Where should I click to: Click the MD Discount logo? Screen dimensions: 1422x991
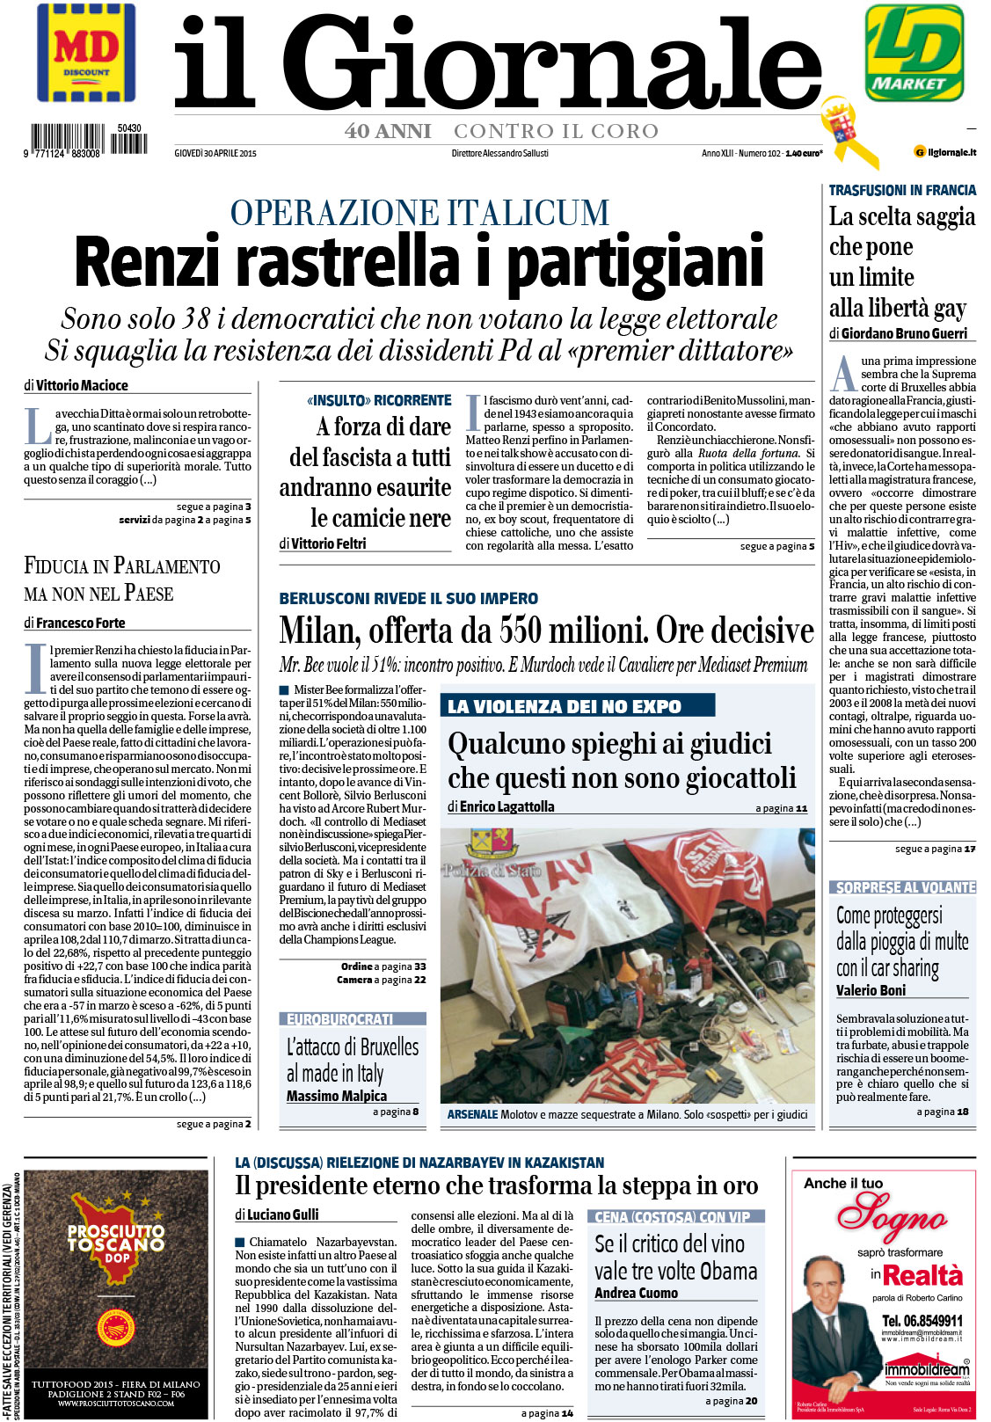tap(86, 54)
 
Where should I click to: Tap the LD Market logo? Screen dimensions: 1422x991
tap(914, 52)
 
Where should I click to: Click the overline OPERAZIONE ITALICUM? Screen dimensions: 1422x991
tap(419, 213)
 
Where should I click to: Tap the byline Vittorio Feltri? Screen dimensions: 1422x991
tap(328, 543)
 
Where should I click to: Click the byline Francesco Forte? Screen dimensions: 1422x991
tap(80, 623)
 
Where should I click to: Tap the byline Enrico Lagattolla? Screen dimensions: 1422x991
tap(506, 806)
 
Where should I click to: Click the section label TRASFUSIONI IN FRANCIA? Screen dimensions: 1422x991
tap(902, 190)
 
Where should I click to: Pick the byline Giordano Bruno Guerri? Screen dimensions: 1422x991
tap(904, 333)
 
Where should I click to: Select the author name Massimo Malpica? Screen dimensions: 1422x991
tap(337, 1096)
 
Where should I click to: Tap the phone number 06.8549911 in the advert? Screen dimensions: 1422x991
tap(922, 1320)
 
